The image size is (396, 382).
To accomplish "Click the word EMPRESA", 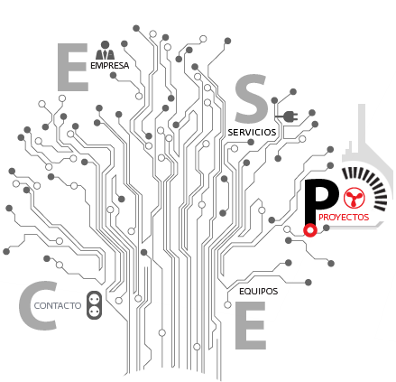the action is point(110,66).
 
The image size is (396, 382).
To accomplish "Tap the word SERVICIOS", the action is point(252,133).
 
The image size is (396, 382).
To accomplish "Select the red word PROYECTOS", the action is point(344,218).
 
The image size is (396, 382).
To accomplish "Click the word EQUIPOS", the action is point(259,292).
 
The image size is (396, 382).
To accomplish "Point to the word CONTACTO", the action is point(58,306).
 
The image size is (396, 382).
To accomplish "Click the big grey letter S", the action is point(252,99).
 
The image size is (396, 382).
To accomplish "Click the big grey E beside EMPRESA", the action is point(73,67).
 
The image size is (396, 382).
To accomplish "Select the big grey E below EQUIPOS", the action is point(251,325).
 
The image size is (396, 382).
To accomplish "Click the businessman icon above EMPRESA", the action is point(105,51).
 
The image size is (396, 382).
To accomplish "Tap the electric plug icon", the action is point(287,116).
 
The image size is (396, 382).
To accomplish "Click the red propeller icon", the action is point(354,198).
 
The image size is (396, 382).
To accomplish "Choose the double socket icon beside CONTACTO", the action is point(94,305).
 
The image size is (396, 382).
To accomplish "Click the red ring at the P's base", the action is point(310,230).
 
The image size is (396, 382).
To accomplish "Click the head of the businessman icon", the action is point(105,44).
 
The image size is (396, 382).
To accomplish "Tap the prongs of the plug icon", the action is point(296,116).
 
